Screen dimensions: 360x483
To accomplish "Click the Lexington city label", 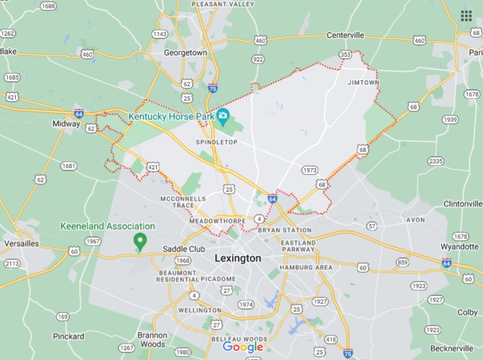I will [x=238, y=258].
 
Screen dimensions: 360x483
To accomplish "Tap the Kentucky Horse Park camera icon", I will [x=223, y=115].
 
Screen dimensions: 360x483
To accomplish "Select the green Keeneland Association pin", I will [x=140, y=241].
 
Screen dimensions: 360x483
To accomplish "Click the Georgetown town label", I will [x=185, y=53].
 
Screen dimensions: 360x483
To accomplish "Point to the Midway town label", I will [x=66, y=123].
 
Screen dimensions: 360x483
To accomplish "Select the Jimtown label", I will [x=363, y=82].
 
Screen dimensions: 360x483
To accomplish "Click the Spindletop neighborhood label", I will [x=217, y=142].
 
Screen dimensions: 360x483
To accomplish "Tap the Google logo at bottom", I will [x=243, y=347].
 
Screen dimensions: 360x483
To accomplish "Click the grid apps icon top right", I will [x=466, y=16].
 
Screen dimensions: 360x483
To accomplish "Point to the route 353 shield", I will [x=345, y=55].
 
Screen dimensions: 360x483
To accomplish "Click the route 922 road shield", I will [x=258, y=59].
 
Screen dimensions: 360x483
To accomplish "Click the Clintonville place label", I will [x=463, y=204].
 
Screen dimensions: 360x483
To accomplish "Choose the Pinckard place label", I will [x=68, y=336].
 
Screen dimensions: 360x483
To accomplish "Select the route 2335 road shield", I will [x=435, y=161].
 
